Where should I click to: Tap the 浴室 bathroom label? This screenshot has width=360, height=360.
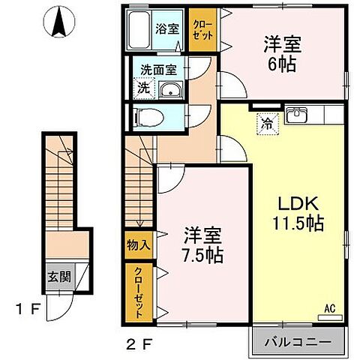tap(166, 29)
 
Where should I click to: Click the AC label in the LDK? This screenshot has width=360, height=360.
tap(329, 307)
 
